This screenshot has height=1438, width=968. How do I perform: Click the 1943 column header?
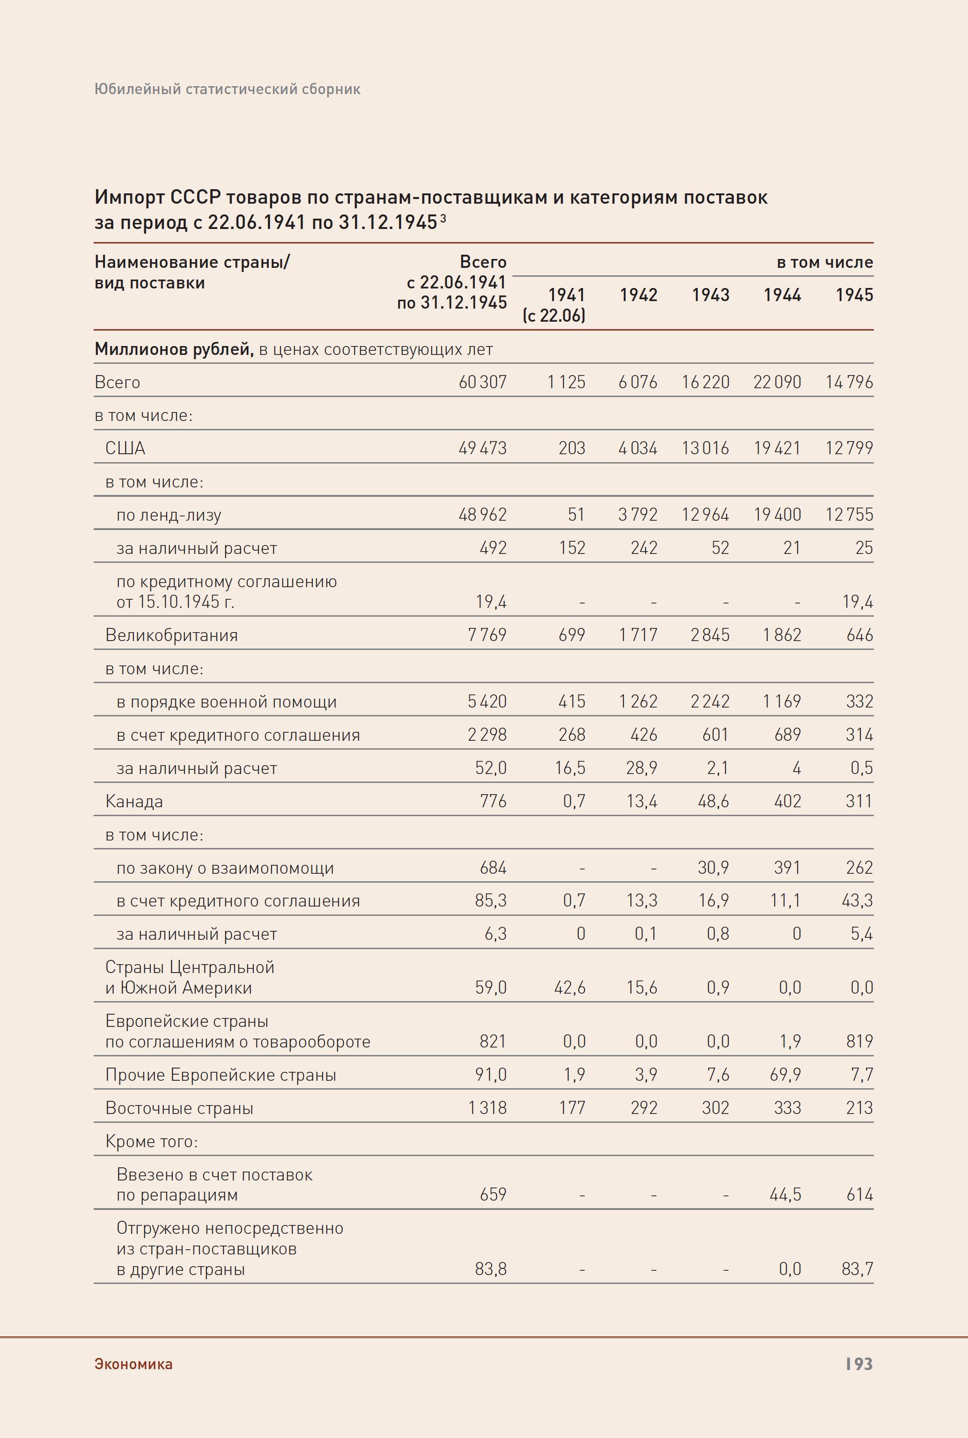click(710, 295)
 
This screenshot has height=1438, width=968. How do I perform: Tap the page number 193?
click(859, 1364)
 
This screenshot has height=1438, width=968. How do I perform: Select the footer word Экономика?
click(133, 1364)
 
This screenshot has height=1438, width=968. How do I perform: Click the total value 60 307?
click(482, 382)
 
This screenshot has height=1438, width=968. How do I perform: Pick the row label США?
click(126, 448)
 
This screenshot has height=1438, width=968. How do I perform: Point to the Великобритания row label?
click(171, 635)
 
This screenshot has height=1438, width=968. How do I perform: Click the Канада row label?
click(134, 801)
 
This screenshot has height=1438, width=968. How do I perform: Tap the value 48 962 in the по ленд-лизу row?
click(482, 515)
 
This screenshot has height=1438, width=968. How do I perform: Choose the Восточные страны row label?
click(179, 1108)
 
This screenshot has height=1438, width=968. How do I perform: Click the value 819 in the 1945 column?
click(859, 1041)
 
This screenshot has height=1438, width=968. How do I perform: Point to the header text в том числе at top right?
click(824, 262)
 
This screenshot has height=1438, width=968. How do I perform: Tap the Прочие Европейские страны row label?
click(221, 1075)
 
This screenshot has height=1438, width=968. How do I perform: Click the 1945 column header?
click(854, 295)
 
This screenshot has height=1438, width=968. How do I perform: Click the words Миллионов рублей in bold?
click(173, 349)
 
